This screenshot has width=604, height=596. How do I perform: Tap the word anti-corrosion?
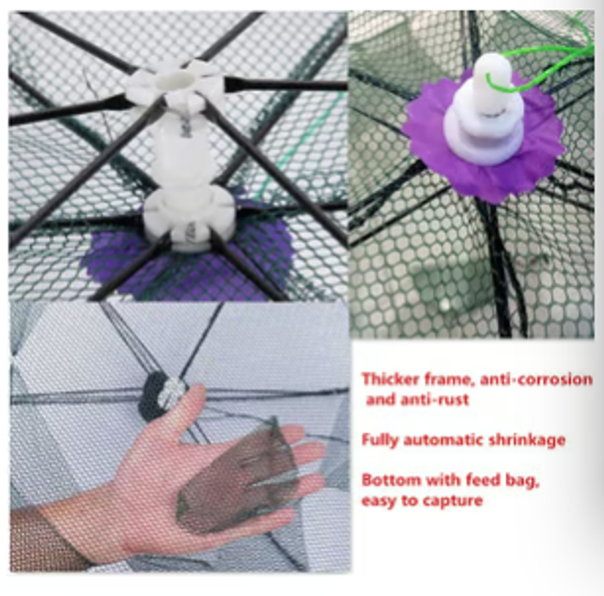click(x=536, y=380)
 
